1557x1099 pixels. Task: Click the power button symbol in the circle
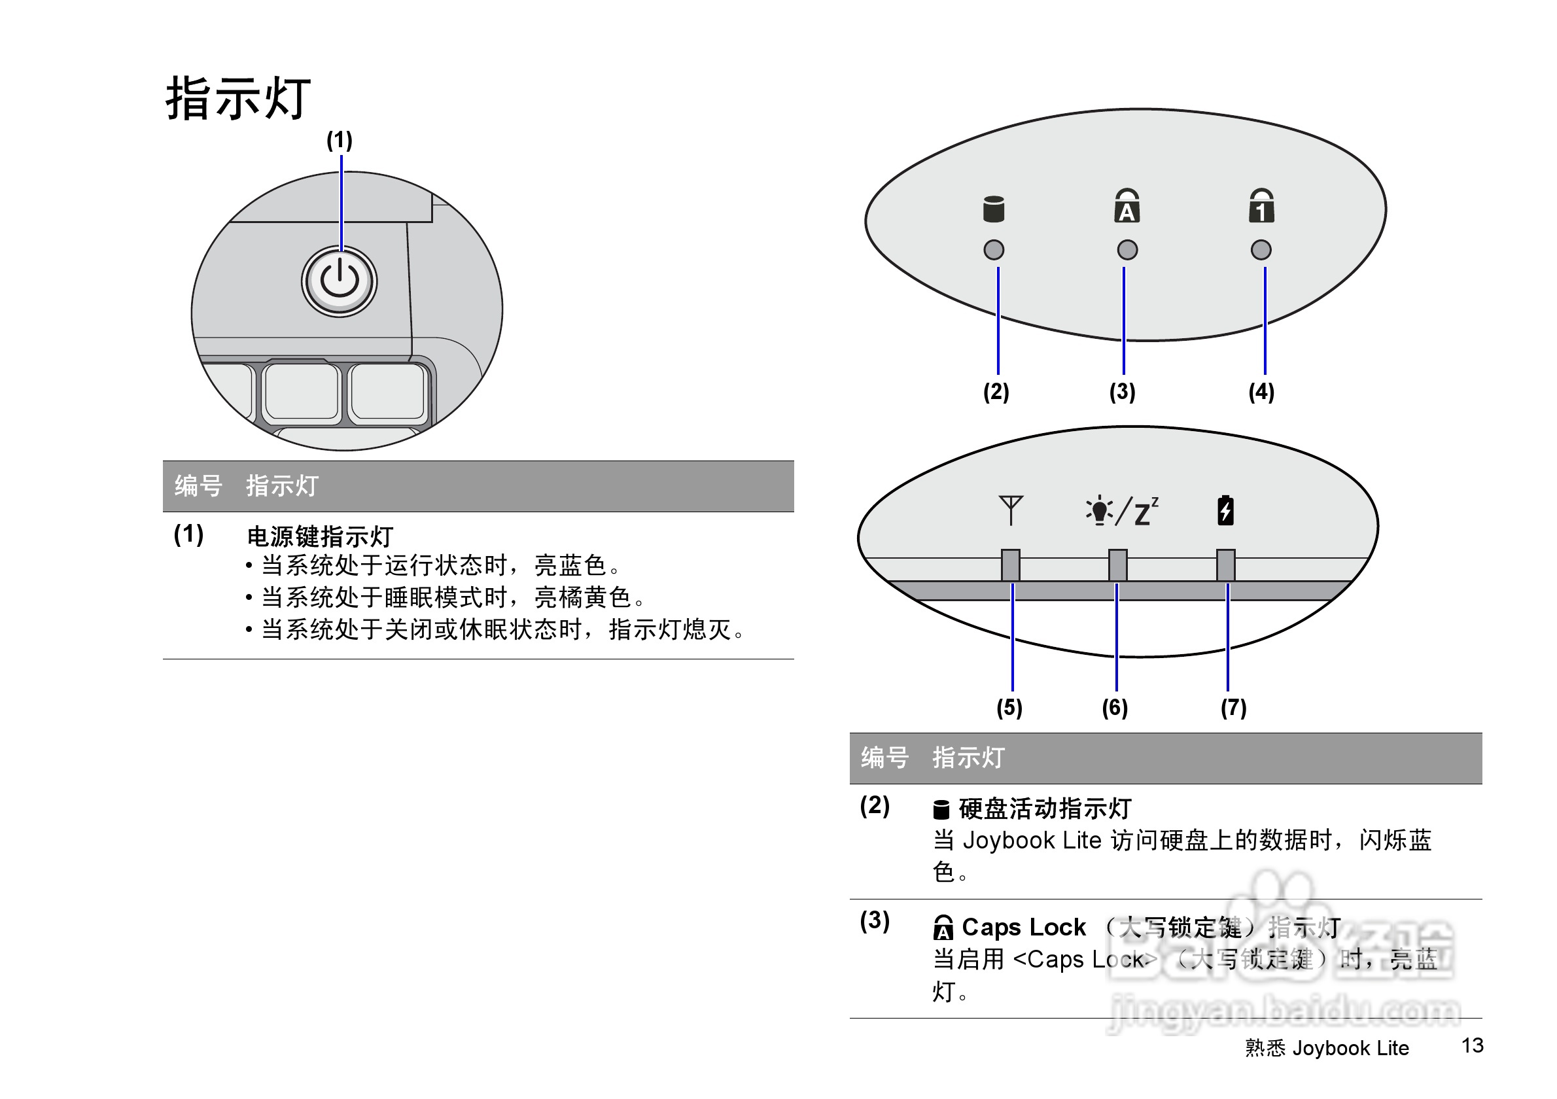[339, 281]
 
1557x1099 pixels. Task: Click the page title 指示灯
[238, 99]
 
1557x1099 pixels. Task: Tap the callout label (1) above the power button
[339, 141]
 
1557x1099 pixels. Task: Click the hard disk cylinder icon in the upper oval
[994, 209]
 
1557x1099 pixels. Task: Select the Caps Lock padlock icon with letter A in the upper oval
[1127, 206]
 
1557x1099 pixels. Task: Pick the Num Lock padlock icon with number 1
[1261, 206]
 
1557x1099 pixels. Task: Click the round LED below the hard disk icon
[994, 250]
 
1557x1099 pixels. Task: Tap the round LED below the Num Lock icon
[1261, 250]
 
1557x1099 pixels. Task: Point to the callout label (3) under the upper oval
[1123, 392]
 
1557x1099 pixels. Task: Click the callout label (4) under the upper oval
[1261, 392]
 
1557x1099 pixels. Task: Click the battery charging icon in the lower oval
[1225, 510]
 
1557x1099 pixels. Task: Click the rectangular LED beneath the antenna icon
[1011, 565]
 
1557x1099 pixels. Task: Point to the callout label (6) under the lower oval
[1115, 708]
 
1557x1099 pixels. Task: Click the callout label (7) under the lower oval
[1234, 708]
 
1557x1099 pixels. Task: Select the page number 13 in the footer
[1472, 1045]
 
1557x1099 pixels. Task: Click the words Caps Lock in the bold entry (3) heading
[1023, 927]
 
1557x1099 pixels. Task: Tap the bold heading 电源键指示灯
[320, 536]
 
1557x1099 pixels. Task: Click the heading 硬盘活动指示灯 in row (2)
[1044, 809]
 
